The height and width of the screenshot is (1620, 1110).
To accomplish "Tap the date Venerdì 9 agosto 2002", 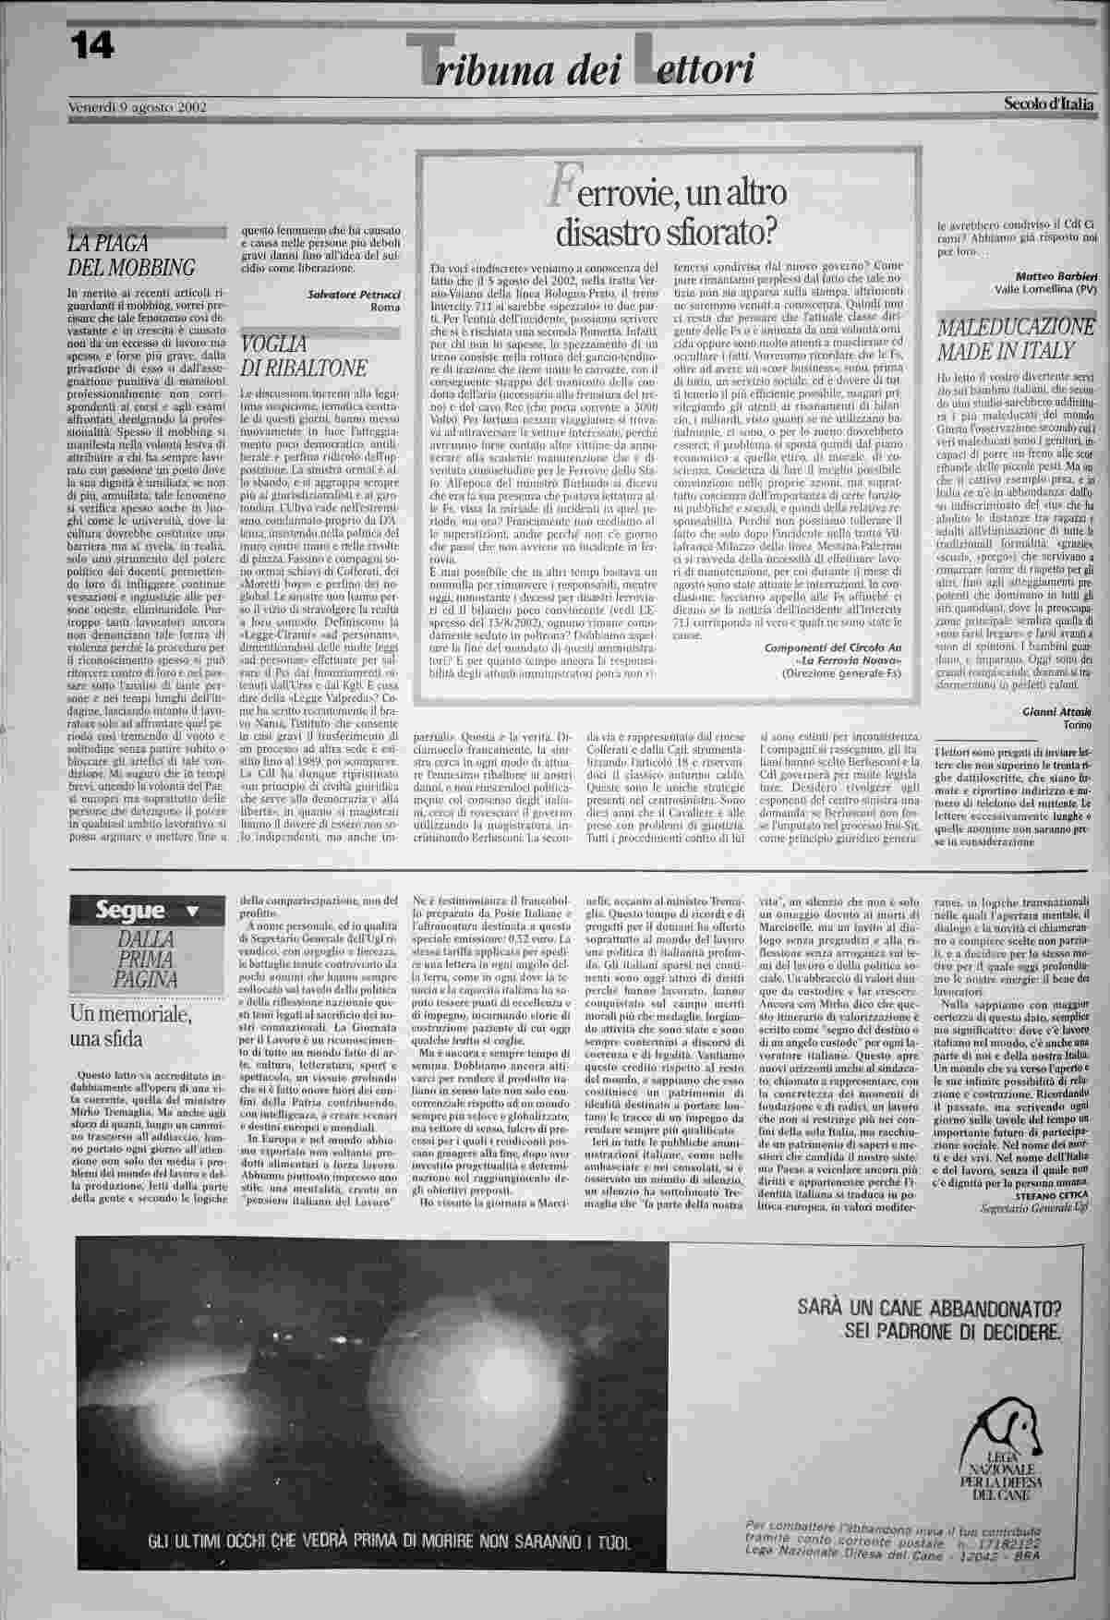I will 138,106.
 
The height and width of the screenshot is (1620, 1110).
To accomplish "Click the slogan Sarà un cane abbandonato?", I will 933,1308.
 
